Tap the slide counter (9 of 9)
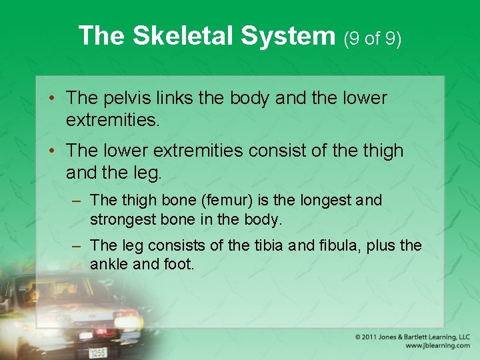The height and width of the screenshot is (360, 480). [x=372, y=39]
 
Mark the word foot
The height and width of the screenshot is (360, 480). [x=178, y=263]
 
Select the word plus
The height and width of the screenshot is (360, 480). [x=382, y=245]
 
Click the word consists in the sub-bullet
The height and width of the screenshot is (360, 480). [x=180, y=245]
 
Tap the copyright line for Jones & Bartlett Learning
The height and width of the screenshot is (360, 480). [x=412, y=337]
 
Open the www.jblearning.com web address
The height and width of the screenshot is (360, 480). [x=437, y=346]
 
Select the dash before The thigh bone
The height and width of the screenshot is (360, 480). [x=77, y=201]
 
